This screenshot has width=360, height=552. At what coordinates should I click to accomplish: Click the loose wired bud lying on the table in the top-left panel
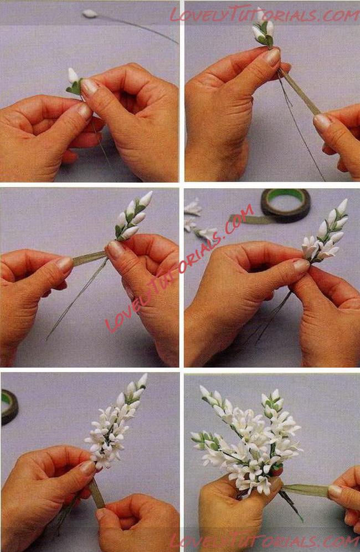pyautogui.click(x=90, y=14)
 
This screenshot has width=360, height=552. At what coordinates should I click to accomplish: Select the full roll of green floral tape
pyautogui.click(x=285, y=205)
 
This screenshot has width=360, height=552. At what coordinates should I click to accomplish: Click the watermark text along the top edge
pyautogui.click(x=264, y=15)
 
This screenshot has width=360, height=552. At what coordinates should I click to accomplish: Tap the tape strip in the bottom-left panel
pyautogui.click(x=96, y=493)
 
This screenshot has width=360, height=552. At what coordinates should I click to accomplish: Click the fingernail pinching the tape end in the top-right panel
pyautogui.click(x=322, y=122)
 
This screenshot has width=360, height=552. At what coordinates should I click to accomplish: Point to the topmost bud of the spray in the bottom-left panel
pyautogui.click(x=142, y=381)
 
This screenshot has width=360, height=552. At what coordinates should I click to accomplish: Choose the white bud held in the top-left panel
pyautogui.click(x=73, y=76)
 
